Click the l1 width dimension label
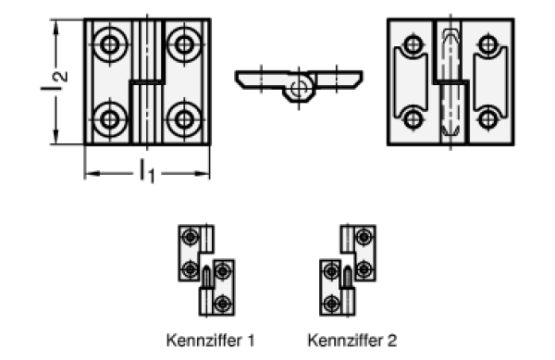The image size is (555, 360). [x=147, y=172]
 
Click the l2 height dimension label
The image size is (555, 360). [x=55, y=81]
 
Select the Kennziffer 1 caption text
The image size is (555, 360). [x=211, y=341]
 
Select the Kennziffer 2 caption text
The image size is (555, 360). [x=352, y=341]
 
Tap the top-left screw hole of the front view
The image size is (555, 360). [x=110, y=44]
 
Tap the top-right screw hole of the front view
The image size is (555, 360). [x=184, y=44]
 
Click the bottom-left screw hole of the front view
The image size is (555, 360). [x=110, y=119]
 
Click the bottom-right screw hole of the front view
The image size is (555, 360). [x=184, y=119]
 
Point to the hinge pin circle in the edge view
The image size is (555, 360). [x=299, y=88]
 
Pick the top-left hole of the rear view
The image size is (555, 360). [x=413, y=44]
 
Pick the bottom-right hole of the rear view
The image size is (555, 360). [x=487, y=119]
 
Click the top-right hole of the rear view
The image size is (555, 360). [x=487, y=44]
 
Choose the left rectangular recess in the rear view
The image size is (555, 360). [x=412, y=82]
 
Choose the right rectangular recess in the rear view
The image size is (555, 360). [x=490, y=82]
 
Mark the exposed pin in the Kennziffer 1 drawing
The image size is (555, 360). [x=206, y=277]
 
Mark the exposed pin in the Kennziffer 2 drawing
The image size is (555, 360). [x=348, y=277]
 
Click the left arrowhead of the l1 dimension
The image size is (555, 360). [x=92, y=173]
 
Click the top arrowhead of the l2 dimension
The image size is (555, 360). [x=55, y=28]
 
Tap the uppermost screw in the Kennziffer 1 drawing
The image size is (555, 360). [x=190, y=237]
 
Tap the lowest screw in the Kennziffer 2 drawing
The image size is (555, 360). [x=332, y=304]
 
